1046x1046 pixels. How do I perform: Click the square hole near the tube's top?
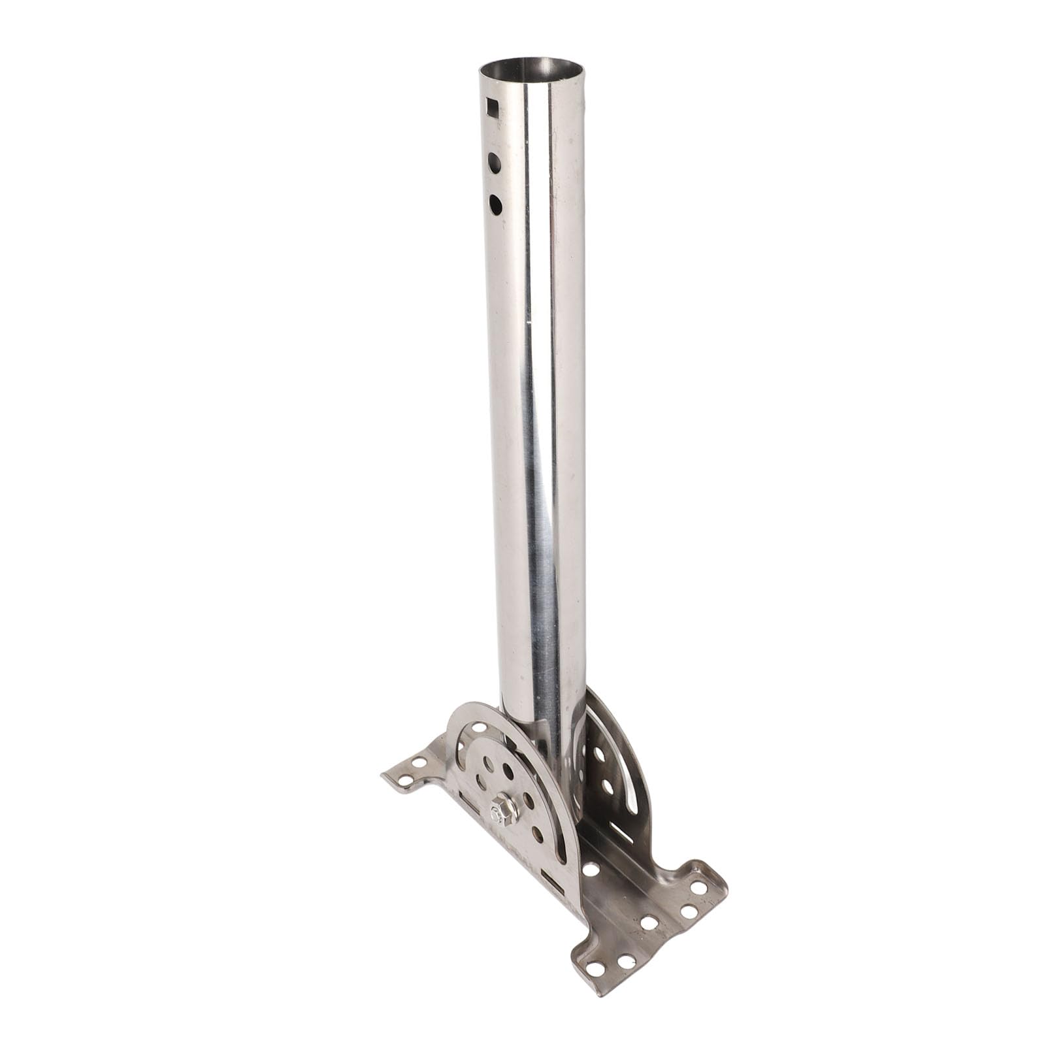tap(493, 107)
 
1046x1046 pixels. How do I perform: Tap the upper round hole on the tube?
tap(495, 163)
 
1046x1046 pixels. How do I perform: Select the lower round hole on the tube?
tap(495, 204)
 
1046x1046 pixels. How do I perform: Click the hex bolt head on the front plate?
tap(503, 810)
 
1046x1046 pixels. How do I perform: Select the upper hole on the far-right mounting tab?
tap(698, 887)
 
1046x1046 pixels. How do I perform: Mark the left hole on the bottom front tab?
tap(595, 968)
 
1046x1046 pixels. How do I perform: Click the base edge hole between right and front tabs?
tap(649, 923)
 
